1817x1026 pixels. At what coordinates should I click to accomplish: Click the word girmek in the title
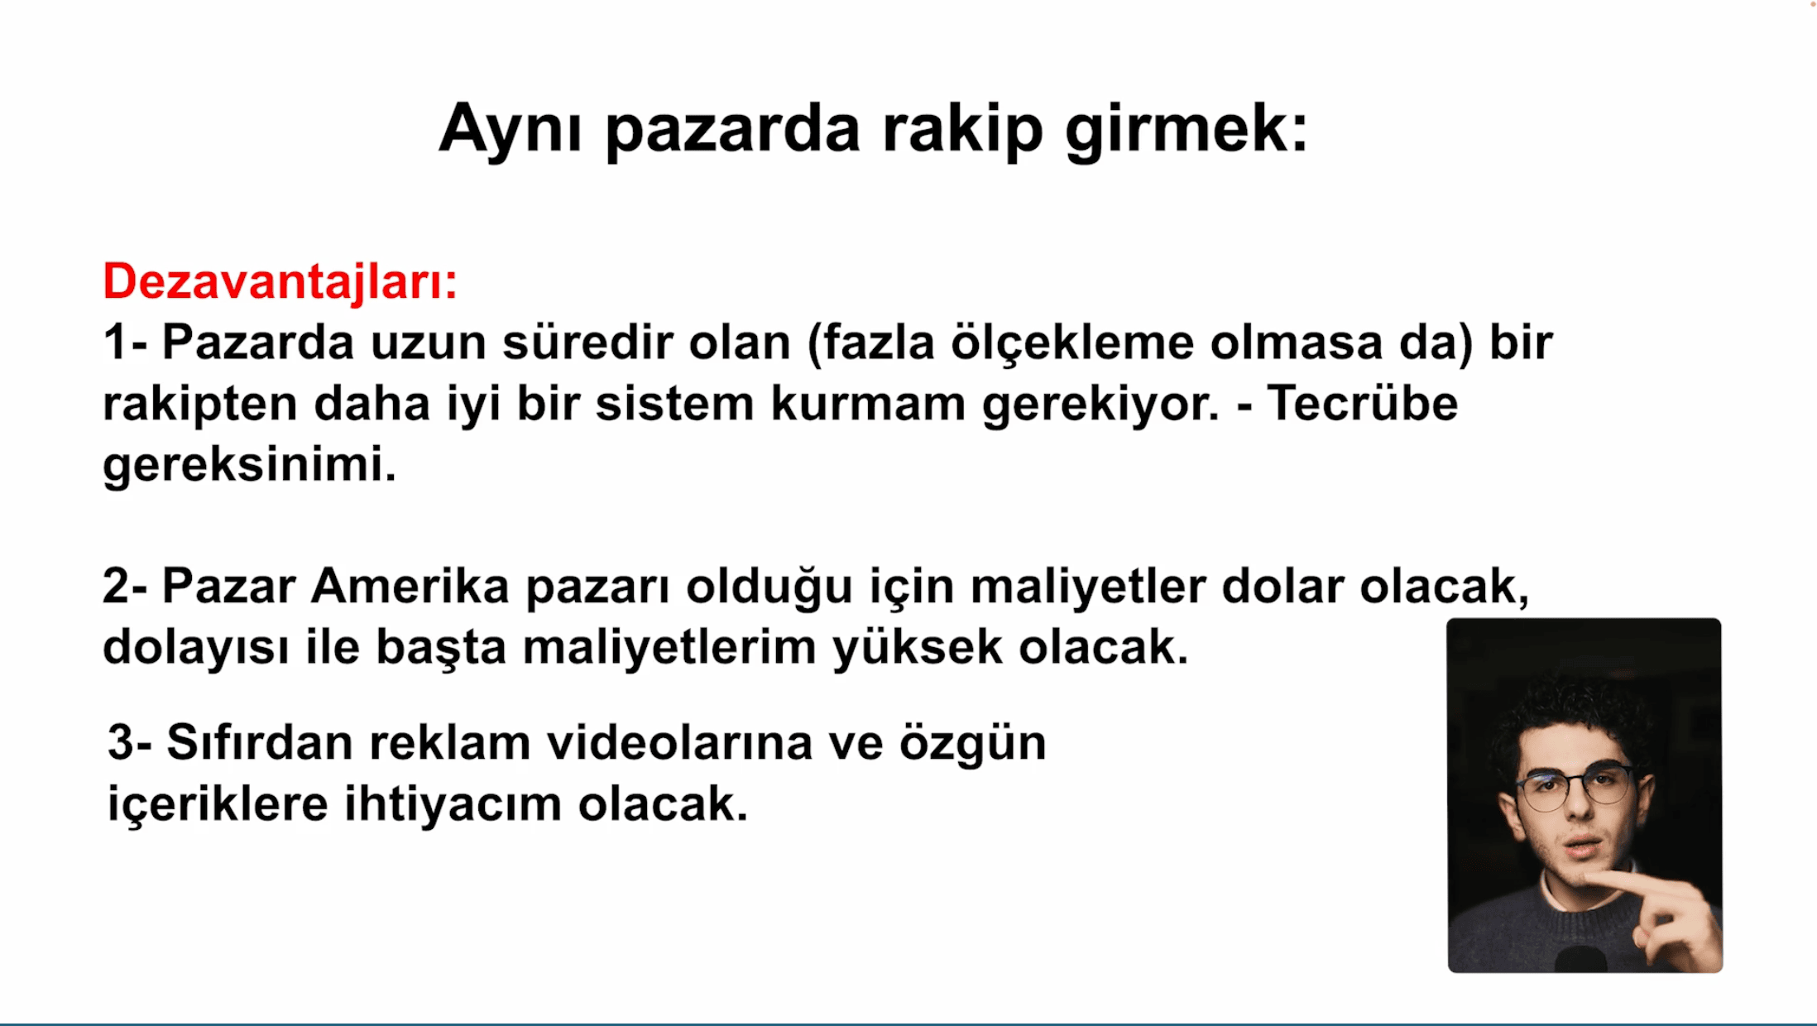(x=1187, y=131)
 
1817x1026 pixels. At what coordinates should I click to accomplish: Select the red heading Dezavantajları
(x=279, y=282)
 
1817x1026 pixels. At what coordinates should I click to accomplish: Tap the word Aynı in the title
(x=511, y=128)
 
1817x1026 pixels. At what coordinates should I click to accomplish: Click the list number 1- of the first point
(x=125, y=342)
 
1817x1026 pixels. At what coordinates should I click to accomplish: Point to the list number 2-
(x=125, y=586)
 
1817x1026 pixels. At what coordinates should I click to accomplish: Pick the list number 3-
(x=130, y=742)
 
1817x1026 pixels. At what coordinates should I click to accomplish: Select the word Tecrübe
(x=1362, y=403)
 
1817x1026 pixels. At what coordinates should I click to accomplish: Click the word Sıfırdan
(x=260, y=741)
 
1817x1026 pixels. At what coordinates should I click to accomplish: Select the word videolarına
(x=680, y=742)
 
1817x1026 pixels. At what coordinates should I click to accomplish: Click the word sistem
(x=674, y=404)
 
